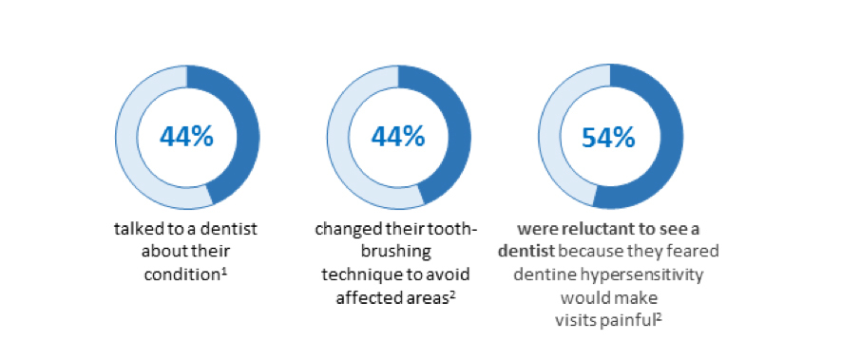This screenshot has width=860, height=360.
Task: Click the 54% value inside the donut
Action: [x=608, y=138]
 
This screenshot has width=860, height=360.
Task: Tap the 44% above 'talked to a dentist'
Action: [x=186, y=137]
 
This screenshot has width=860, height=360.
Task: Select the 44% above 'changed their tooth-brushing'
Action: [x=398, y=137]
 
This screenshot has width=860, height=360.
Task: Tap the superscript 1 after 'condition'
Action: [x=224, y=271]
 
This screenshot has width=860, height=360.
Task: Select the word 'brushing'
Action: [x=398, y=252]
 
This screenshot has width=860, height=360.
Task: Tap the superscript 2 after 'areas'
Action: [x=453, y=294]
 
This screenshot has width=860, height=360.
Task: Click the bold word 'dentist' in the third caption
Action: [x=526, y=251]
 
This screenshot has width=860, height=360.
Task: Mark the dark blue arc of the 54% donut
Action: [x=673, y=137]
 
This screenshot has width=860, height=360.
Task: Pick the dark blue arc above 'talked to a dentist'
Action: [x=249, y=137]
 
